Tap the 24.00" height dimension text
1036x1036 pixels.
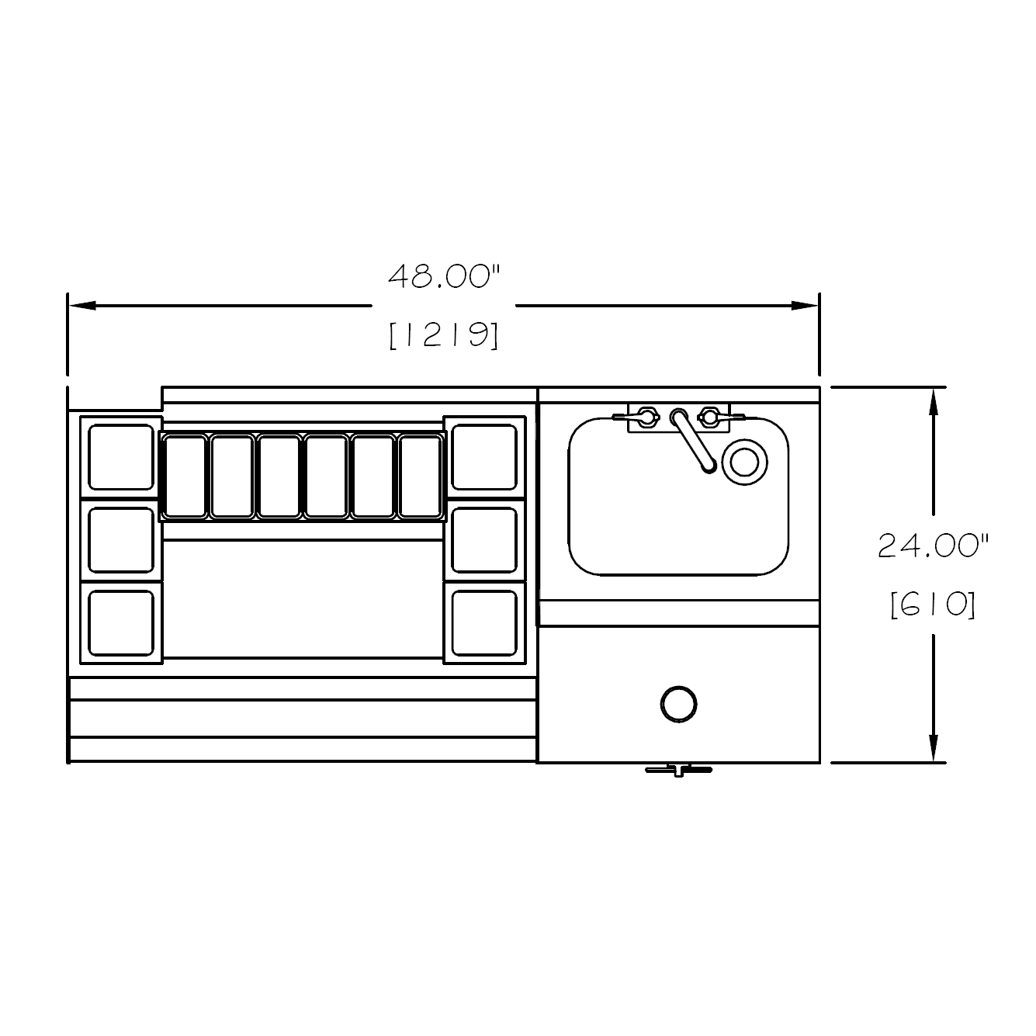coord(934,546)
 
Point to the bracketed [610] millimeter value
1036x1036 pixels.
coord(933,604)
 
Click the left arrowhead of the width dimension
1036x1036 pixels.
coord(82,306)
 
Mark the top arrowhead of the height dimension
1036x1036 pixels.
coord(934,400)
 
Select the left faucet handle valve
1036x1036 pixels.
coord(643,417)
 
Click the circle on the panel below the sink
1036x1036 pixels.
coord(678,704)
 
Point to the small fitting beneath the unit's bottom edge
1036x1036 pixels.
coord(678,770)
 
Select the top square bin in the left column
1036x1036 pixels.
coord(121,457)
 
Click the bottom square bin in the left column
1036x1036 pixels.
coord(121,622)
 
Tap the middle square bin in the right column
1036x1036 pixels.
coord(484,540)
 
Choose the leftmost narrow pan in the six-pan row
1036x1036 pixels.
coord(185,476)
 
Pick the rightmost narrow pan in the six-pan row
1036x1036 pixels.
coord(421,476)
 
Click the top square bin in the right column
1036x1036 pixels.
coord(484,457)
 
